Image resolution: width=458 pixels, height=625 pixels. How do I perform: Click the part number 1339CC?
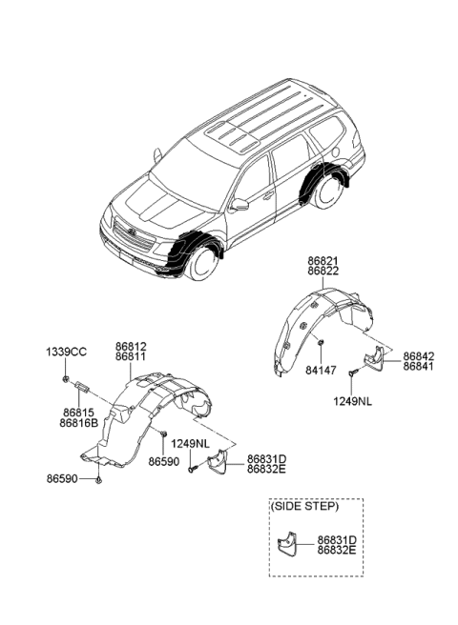pos(67,353)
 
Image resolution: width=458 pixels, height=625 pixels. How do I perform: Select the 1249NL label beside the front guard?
pos(190,443)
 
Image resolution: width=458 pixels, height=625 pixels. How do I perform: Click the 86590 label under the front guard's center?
pos(163,461)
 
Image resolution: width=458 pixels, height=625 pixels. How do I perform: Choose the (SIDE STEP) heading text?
pos(303,506)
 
